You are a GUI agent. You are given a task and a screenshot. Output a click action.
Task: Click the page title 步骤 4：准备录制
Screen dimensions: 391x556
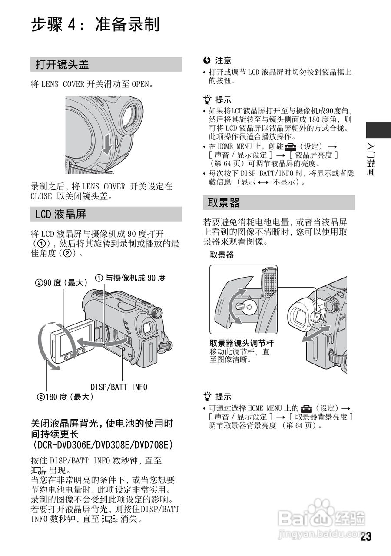pos(95,24)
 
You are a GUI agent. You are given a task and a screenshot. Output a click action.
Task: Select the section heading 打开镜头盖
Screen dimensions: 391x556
pos(62,64)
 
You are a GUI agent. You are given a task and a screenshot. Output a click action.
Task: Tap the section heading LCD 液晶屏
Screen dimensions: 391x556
pos(60,214)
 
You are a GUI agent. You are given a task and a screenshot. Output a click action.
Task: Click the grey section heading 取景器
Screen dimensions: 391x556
pos(224,202)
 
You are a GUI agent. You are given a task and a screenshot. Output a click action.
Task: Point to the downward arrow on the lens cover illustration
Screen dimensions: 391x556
pos(107,144)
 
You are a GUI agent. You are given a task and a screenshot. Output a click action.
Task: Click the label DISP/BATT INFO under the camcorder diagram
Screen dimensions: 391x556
pos(119,387)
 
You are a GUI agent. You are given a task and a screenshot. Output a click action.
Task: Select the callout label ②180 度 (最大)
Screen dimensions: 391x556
pos(65,397)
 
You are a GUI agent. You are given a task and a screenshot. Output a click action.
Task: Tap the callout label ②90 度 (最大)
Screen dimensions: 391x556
pos(61,282)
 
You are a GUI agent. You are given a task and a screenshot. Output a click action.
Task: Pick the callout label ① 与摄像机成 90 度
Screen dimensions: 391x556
pos(130,278)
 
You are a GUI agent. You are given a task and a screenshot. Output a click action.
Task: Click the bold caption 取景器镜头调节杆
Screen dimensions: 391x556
pos(242,343)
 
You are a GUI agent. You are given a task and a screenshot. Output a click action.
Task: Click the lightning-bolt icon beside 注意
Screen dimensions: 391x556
pos(206,60)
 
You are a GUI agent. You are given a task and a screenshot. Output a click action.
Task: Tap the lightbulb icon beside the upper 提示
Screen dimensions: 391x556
pos(207,99)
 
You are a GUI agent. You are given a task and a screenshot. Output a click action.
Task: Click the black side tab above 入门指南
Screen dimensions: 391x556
pos(378,130)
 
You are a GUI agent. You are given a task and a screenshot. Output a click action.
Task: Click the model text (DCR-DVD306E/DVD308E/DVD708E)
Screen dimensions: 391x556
pos(103,444)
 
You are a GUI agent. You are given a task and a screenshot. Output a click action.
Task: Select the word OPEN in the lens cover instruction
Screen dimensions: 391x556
pos(140,84)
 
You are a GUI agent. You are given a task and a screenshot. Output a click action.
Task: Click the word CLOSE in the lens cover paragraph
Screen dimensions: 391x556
pos(41,196)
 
